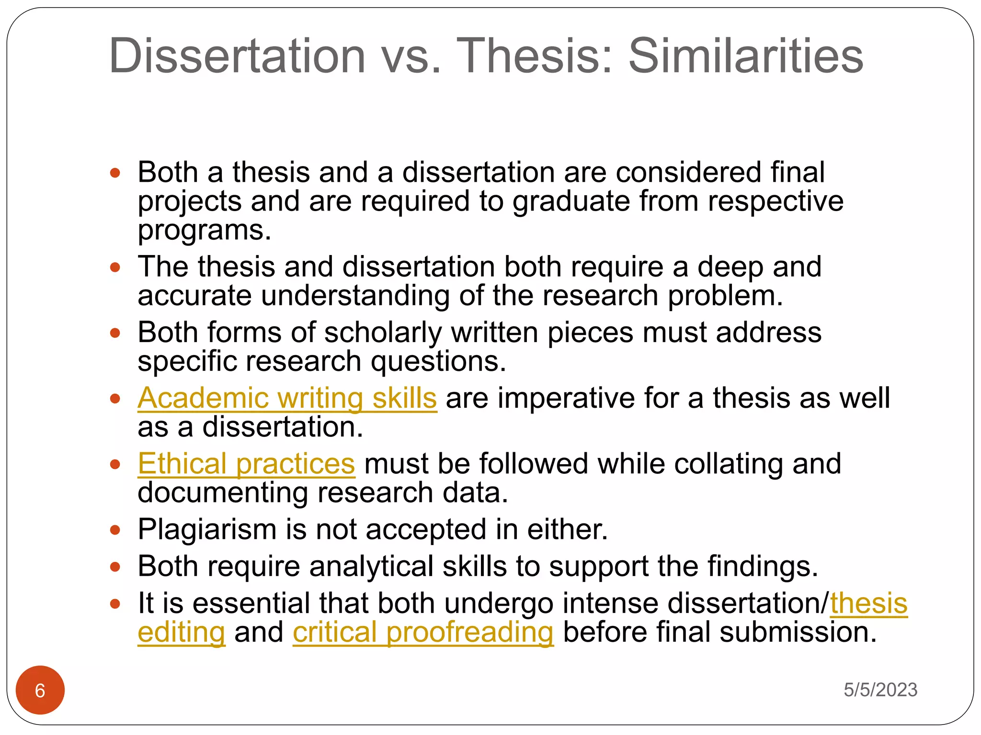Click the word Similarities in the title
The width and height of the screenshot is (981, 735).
point(745,56)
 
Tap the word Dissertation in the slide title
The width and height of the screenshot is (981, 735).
point(237,56)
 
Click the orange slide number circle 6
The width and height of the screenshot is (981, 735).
point(40,690)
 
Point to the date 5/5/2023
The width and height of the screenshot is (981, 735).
point(880,690)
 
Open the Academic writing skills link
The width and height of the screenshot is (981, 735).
point(287,398)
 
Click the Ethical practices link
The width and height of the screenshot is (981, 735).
point(246,464)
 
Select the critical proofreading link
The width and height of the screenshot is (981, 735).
point(423,632)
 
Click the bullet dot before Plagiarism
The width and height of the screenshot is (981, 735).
point(115,530)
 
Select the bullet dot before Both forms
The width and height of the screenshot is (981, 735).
point(115,333)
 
